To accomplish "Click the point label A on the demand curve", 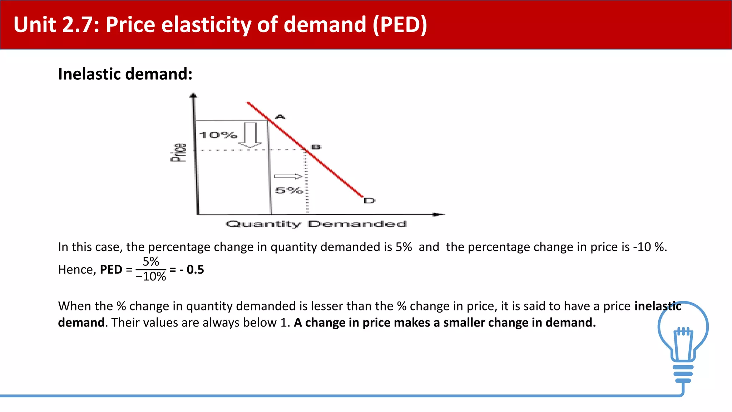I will [280, 117].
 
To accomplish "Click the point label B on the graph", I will [316, 147].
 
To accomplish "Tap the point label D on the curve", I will [369, 201].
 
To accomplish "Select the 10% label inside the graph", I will [218, 135].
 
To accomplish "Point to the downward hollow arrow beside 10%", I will [250, 135].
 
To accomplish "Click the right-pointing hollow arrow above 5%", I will [288, 176].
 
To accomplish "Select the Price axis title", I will [178, 152].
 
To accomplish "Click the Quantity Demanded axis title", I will [316, 224].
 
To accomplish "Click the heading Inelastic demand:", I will [125, 74].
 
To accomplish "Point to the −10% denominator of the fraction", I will [151, 276].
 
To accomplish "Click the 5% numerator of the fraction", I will [151, 261].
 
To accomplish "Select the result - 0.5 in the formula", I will [192, 269].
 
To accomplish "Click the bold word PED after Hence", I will [111, 269].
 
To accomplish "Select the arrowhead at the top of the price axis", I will [193, 95].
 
